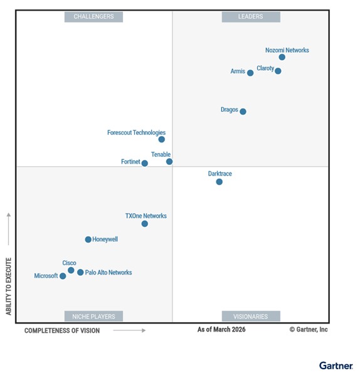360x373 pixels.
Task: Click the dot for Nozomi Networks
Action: tap(282, 57)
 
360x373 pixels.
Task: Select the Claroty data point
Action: tap(278, 71)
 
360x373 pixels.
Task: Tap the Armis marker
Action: tap(250, 73)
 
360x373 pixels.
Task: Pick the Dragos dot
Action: tap(243, 112)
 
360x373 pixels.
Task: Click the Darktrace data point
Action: tap(219, 182)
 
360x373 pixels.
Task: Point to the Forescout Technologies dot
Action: tap(161, 139)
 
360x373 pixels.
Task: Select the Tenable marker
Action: tap(169, 162)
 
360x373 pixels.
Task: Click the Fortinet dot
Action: tap(145, 164)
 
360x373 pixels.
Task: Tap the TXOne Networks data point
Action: tap(145, 224)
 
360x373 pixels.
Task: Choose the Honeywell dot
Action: tap(88, 239)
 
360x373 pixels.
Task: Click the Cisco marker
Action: tap(71, 270)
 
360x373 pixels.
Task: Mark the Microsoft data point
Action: tap(63, 276)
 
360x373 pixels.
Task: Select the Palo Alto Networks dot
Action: tap(80, 272)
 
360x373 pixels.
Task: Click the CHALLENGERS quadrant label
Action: tap(93, 17)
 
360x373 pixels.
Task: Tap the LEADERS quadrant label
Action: tap(251, 17)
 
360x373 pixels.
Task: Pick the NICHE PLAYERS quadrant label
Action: tap(93, 317)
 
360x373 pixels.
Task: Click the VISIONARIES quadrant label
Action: tap(251, 317)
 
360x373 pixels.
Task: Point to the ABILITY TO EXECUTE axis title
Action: tap(9, 285)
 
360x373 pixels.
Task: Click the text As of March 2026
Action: tap(221, 330)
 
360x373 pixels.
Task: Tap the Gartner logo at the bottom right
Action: tap(336, 365)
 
